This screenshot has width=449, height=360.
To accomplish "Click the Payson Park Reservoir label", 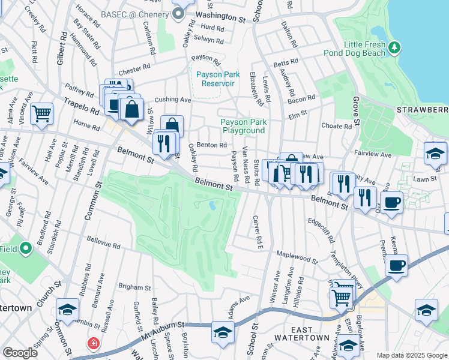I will [x=215, y=79].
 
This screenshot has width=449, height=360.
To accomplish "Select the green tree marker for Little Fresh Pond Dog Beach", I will [x=394, y=47].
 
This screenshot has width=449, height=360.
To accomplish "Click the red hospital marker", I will [x=93, y=344].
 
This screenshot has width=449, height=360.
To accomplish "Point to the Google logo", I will [x=20, y=353].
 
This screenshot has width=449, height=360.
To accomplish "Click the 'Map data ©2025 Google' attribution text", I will [x=412, y=355].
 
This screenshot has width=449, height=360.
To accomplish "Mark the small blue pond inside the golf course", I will [x=213, y=206].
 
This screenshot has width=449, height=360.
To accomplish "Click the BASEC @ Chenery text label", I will [x=135, y=13].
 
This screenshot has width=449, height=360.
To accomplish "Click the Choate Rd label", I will [x=336, y=127].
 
